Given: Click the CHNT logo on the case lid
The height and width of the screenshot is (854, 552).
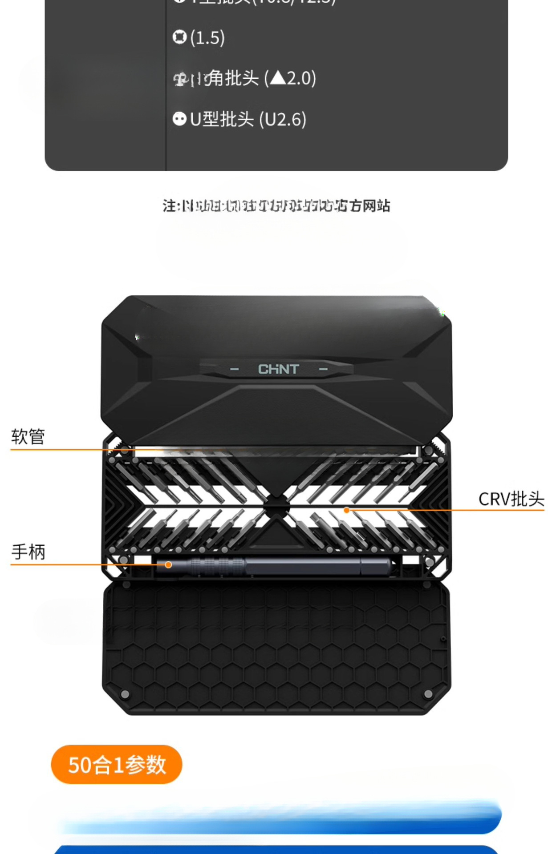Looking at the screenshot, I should click(278, 369).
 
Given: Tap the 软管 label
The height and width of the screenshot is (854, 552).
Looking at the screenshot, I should click(28, 437).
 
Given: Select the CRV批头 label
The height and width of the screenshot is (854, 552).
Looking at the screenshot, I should click(511, 499).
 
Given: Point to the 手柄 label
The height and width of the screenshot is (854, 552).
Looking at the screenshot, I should click(28, 552).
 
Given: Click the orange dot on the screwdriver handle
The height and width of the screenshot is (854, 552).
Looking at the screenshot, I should click(168, 565).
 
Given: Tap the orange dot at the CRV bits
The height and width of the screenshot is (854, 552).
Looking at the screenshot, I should click(347, 510).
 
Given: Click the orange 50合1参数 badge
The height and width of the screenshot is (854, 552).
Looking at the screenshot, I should click(117, 765).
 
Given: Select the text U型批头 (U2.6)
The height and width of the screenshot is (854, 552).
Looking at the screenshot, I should click(248, 119).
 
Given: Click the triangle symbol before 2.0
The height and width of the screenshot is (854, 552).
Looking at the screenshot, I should click(278, 78).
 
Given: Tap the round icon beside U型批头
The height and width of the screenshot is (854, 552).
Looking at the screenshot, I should click(179, 119).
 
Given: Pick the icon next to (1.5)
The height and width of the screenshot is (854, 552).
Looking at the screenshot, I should click(179, 37).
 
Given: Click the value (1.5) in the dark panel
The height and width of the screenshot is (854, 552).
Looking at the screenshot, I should click(207, 38).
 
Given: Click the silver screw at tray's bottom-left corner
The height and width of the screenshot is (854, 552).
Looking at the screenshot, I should click(125, 694).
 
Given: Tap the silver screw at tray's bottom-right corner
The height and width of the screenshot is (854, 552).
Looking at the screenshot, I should click(428, 694).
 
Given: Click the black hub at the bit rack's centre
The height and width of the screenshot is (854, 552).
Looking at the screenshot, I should click(276, 507).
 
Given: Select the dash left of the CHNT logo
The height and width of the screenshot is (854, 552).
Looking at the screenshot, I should click(234, 370).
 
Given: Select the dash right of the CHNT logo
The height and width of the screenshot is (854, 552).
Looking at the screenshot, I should click(323, 370).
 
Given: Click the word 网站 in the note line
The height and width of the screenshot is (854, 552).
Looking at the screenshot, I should click(377, 206).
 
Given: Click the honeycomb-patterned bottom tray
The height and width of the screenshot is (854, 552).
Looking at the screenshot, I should click(276, 649).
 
